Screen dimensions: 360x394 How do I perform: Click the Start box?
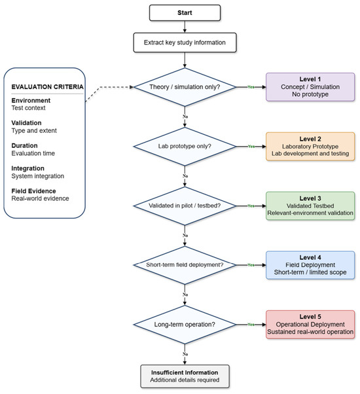pyautogui.click(x=185, y=13)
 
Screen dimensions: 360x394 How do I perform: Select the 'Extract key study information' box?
pyautogui.click(x=185, y=43)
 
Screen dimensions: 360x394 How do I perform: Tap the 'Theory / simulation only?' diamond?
pyautogui.click(x=185, y=87)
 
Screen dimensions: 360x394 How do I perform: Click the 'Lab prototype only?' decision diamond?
pyautogui.click(x=185, y=147)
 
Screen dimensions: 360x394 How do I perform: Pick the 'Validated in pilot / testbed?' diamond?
pyautogui.click(x=185, y=206)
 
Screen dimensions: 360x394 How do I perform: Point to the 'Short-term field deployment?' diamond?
pyautogui.click(x=185, y=265)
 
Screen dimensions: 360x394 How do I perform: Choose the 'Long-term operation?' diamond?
pyautogui.click(x=185, y=325)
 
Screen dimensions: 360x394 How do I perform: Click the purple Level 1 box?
pyautogui.click(x=310, y=87)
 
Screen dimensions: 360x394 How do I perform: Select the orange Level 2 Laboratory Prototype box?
pyautogui.click(x=310, y=147)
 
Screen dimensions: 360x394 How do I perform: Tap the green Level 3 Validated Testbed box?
pyautogui.click(x=310, y=206)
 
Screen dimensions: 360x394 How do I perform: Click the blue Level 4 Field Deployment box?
pyautogui.click(x=310, y=265)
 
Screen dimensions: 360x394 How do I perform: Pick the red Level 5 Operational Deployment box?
pyautogui.click(x=310, y=325)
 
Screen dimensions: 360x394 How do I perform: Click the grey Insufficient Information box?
pyautogui.click(x=185, y=376)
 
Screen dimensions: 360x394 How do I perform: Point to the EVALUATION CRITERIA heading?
pyautogui.click(x=48, y=87)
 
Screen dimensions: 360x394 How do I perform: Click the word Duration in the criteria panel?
pyautogui.click(x=24, y=146)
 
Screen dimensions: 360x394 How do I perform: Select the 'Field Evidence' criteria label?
pyautogui.click(x=33, y=191)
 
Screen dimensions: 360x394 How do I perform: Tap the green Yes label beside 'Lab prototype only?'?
pyautogui.click(x=251, y=147)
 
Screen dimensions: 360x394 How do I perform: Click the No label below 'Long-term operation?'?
pyautogui.click(x=185, y=354)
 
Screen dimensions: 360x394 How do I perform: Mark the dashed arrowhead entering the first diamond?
pyautogui.click(x=132, y=87)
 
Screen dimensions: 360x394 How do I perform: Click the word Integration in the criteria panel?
pyautogui.click(x=27, y=168)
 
